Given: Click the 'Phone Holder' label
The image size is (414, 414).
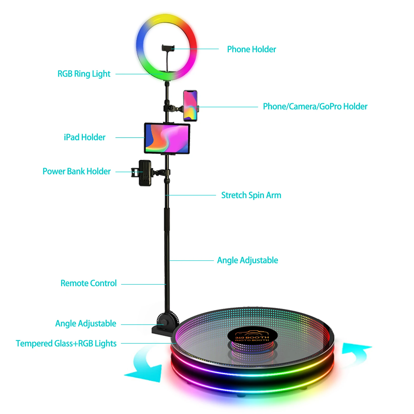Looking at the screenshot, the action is [251, 49].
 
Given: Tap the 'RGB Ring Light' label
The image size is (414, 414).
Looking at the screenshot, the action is [84, 74].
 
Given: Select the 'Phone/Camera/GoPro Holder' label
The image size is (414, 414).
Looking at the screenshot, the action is [315, 106].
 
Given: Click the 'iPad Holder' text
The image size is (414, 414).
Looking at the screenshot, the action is [85, 137].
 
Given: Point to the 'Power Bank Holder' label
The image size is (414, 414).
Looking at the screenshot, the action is [77, 171].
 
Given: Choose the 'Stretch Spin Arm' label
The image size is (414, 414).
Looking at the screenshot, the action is [251, 195].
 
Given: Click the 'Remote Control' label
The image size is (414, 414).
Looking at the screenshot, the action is [88, 283].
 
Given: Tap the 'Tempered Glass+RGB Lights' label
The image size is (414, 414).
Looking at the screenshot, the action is [66, 343].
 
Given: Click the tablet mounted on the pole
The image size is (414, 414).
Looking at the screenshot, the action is [167, 138].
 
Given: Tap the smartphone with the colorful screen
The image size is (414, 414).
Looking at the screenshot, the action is [190, 106].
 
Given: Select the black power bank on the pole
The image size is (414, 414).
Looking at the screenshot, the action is [145, 173].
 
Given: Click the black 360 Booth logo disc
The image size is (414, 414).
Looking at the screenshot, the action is [252, 336].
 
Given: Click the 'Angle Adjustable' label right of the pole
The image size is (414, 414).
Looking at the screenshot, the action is [247, 260].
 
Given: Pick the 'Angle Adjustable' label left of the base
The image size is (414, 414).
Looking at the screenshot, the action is [86, 323].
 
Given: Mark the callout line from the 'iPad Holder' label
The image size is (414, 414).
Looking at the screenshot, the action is [130, 137].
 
